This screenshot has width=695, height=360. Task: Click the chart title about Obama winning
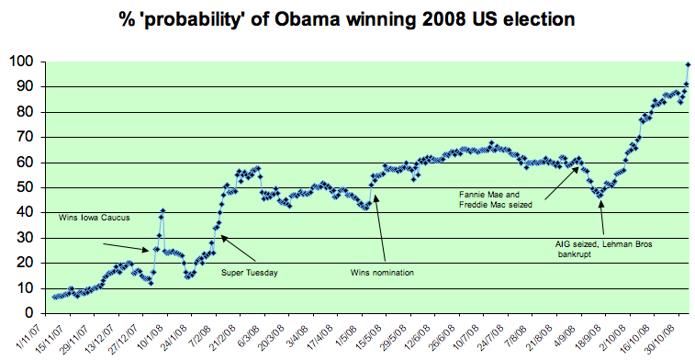point(353,17)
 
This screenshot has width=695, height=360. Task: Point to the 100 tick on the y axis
point(21,62)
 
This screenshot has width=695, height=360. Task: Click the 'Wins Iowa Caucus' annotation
point(95,218)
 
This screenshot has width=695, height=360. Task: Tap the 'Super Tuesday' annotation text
point(250,272)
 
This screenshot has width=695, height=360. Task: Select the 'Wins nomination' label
point(384,272)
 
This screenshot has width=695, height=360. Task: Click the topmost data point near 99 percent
point(687,64)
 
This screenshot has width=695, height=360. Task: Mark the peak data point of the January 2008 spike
point(163,211)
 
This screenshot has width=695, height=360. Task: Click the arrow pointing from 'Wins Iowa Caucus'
point(125,246)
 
